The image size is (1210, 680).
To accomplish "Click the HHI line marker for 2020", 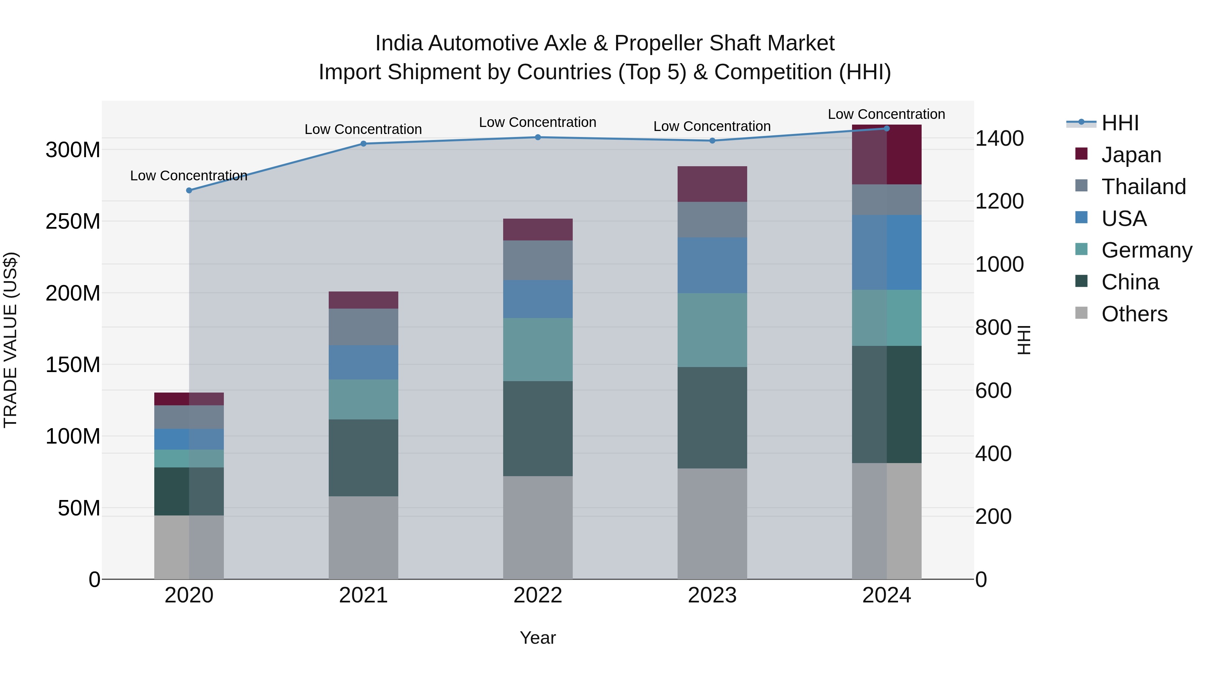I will pos(189,190).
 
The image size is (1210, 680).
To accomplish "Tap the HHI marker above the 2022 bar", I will pos(538,137).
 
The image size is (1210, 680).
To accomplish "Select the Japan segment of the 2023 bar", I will pos(712,184).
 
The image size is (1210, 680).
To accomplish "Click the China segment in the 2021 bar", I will pos(363,458).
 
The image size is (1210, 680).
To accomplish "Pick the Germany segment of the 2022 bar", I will pos(538,350).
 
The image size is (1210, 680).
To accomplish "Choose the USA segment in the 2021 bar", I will pos(363,362).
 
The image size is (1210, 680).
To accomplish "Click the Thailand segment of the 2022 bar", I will pos(538,261).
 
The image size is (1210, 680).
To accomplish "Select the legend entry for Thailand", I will pos(1143,187).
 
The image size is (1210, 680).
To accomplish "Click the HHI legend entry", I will pos(1120,123).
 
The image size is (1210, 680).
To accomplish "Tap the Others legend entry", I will pos(1134,314).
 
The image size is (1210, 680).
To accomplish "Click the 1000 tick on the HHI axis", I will pos(999,264).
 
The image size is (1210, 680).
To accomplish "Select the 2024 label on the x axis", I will pos(886,595).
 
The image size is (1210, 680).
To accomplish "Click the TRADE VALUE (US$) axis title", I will pos(10,340).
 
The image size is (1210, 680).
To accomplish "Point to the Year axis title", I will pos(538,638).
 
